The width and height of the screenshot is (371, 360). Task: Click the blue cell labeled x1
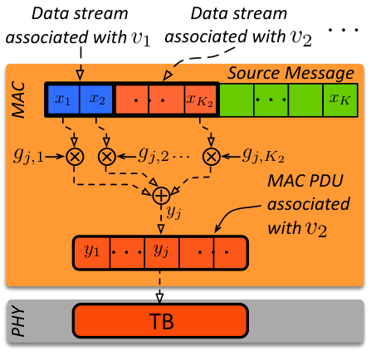coord(63,100)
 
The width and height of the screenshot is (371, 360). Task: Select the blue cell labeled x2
coord(96,100)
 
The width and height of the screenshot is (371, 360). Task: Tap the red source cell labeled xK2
coord(200,100)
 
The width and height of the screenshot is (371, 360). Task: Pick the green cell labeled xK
coord(340,100)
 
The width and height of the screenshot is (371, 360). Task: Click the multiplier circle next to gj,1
coord(75,157)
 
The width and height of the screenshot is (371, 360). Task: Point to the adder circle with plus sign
coord(161,196)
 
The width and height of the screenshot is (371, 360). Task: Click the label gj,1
coord(28,156)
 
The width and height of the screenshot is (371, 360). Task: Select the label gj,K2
coord(263,156)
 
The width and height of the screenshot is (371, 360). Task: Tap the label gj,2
coord(154,156)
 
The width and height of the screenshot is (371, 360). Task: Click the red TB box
coord(160,321)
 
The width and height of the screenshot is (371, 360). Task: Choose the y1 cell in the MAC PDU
coord(91,252)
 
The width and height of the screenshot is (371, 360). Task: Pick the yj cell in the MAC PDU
coord(162,252)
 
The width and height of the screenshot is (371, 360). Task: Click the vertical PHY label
coord(19,321)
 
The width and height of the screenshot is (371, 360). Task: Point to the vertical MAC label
coord(19,100)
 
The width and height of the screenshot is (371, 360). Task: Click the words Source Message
coord(290,73)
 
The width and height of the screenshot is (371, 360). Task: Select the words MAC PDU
coord(305,181)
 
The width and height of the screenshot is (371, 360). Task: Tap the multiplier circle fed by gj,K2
coord(212,157)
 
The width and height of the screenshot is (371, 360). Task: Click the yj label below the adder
coord(173,212)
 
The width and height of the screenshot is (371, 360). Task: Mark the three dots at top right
coord(343,30)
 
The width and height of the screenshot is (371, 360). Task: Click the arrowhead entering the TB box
coord(160,298)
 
